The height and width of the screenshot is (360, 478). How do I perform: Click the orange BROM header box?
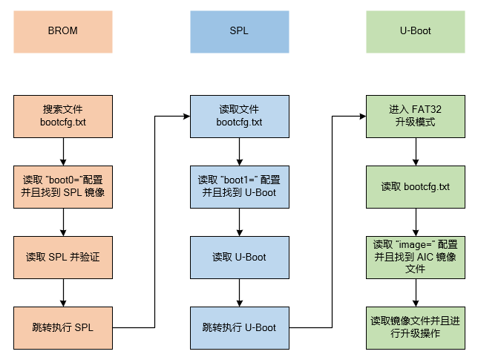pyautogui.click(x=62, y=32)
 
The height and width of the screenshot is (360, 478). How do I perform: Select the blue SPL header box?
pyautogui.click(x=239, y=32)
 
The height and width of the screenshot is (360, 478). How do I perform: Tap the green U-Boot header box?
pyautogui.click(x=415, y=32)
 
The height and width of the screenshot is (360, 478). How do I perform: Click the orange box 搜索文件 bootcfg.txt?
pyautogui.click(x=62, y=115)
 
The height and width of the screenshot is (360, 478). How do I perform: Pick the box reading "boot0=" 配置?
pyautogui.click(x=62, y=186)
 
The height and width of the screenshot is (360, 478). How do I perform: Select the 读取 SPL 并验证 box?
pyautogui.click(x=62, y=257)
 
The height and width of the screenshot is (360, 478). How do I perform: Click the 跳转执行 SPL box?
pyautogui.click(x=62, y=327)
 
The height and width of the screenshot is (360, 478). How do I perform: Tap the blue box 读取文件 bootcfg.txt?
pyautogui.click(x=239, y=115)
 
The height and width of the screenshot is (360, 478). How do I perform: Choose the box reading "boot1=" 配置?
pyautogui.click(x=239, y=186)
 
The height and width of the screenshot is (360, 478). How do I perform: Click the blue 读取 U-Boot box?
pyautogui.click(x=239, y=257)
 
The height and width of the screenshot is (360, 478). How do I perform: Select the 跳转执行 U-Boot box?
pyautogui.click(x=239, y=327)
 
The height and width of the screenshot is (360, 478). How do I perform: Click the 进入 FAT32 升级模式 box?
pyautogui.click(x=415, y=115)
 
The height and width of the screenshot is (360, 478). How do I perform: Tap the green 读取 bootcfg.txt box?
pyautogui.click(x=415, y=186)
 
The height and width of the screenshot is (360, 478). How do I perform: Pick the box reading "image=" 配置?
pyautogui.click(x=415, y=257)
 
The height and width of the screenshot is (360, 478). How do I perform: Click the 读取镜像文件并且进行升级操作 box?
pyautogui.click(x=415, y=327)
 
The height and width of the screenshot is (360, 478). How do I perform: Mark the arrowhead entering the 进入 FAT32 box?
pyautogui.click(x=361, y=116)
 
